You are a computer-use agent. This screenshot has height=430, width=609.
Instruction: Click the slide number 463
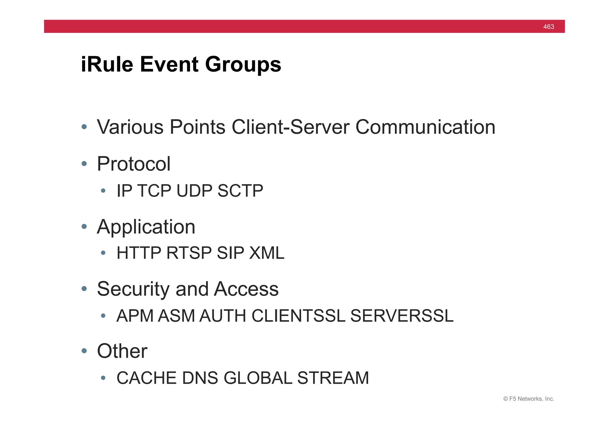click(x=548, y=27)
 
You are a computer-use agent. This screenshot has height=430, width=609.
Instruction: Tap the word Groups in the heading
click(x=243, y=65)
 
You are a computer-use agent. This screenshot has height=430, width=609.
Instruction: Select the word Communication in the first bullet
click(x=425, y=127)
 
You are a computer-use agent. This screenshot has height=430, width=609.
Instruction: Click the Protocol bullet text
click(x=134, y=164)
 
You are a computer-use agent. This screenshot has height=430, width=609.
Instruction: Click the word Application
click(x=146, y=227)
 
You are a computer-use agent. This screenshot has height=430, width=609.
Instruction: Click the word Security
click(x=134, y=289)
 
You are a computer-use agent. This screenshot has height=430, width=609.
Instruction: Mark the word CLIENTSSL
click(x=298, y=316)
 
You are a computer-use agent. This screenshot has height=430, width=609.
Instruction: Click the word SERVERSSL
click(x=402, y=316)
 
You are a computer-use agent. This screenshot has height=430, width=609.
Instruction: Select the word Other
click(x=122, y=351)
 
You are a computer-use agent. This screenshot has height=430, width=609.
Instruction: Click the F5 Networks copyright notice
click(x=528, y=399)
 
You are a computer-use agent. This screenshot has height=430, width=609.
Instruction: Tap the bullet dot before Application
click(x=84, y=227)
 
